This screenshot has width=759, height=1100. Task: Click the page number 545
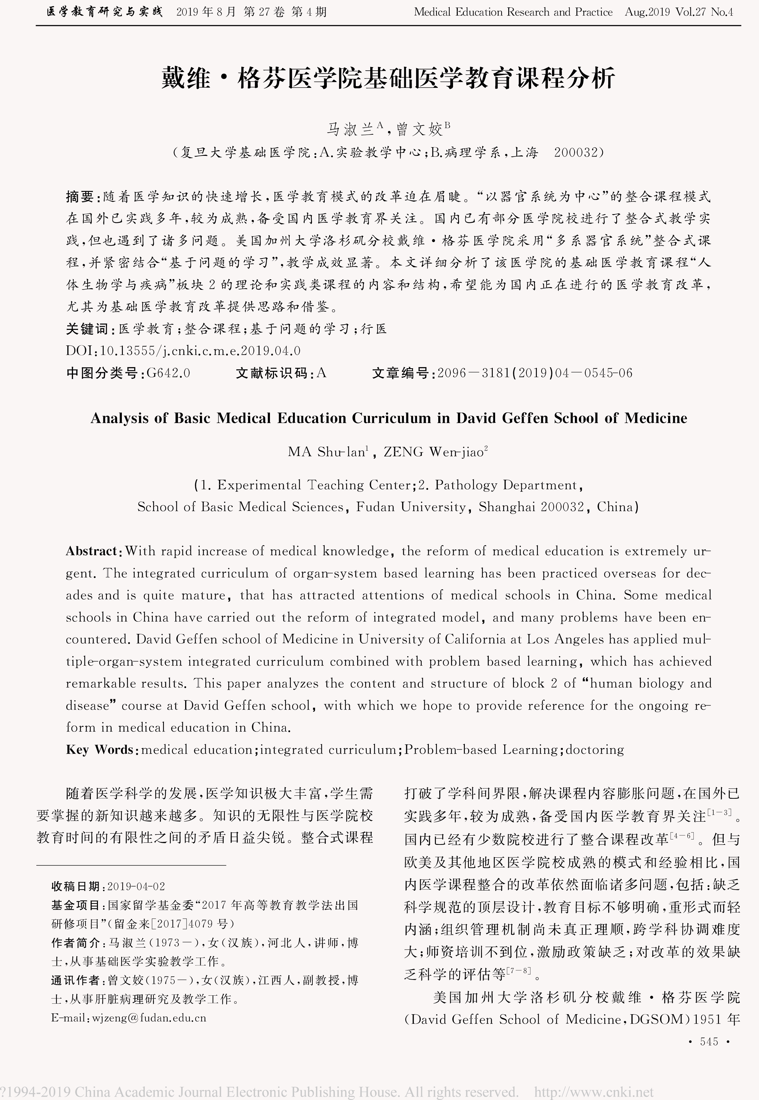pos(709,1041)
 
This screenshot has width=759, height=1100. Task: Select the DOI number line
pos(183,351)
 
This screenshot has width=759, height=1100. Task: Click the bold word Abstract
pos(92,551)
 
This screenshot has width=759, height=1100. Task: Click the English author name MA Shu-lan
pos(327,452)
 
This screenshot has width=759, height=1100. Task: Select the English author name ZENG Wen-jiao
pos(434,452)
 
